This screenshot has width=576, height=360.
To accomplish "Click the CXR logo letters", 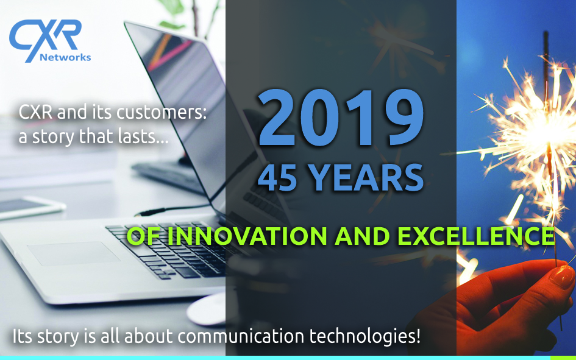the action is click(x=45, y=38).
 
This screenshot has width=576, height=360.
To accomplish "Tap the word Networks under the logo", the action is click(x=65, y=57).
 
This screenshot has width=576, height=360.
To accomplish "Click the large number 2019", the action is click(x=341, y=118).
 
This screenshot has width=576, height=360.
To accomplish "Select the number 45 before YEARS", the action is click(x=277, y=178).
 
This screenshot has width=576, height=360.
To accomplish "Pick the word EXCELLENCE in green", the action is click(x=477, y=236).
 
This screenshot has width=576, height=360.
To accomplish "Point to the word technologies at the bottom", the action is click(x=364, y=337).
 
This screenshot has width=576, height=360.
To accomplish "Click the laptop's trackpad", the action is click(x=74, y=253).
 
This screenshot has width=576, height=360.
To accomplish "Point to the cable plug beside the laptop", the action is click(x=151, y=212).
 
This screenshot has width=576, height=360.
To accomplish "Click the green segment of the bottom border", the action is click(x=563, y=358).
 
